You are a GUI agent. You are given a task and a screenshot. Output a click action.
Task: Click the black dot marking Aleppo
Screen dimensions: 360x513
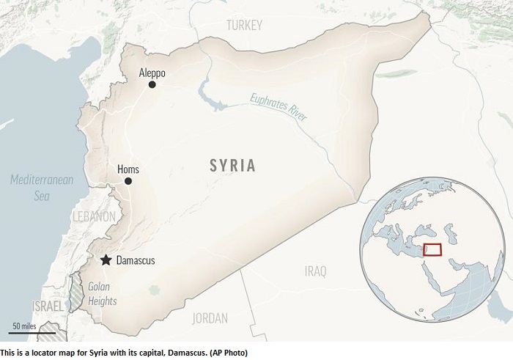coord(152,85)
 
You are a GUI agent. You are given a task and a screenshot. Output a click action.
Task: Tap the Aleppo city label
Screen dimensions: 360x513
coord(152,73)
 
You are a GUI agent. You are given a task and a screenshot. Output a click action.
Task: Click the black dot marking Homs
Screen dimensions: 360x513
coord(128,181)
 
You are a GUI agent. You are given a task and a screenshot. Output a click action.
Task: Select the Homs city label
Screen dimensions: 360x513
coord(128,169)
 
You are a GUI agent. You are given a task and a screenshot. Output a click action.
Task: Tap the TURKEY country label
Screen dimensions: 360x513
coord(244,26)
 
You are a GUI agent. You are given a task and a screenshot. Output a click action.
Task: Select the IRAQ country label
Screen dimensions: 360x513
coord(315,272)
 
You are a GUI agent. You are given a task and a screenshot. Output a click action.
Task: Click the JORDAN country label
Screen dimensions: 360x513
coord(210,318)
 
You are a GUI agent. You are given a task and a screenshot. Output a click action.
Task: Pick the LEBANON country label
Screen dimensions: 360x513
coord(94,216)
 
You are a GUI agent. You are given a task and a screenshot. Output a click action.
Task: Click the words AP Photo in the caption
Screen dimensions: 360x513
coord(228,353)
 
